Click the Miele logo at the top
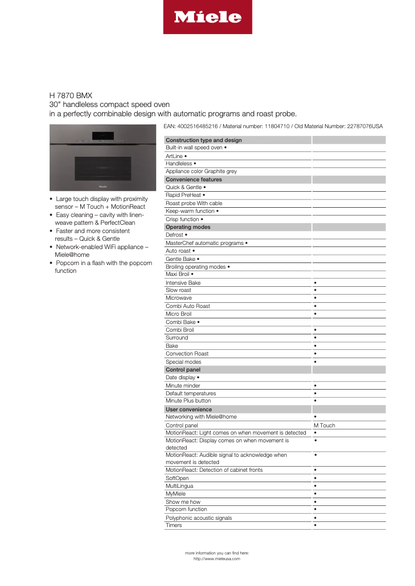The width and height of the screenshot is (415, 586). pyautogui.click(x=207, y=17)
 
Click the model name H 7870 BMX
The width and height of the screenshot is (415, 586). pyautogui.click(x=71, y=96)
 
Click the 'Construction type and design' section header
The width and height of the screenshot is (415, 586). pyautogui.click(x=204, y=140)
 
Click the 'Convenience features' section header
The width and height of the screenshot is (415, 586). pyautogui.click(x=194, y=179)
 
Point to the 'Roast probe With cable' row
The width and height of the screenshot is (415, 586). pyautogui.click(x=194, y=203)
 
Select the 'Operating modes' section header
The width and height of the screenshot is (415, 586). pyautogui.click(x=188, y=227)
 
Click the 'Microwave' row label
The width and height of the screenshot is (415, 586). pyautogui.click(x=179, y=298)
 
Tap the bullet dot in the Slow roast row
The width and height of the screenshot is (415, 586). pyautogui.click(x=315, y=290)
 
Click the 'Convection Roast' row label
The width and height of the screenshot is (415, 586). pyautogui.click(x=187, y=354)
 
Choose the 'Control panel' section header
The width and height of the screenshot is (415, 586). pyautogui.click(x=183, y=369)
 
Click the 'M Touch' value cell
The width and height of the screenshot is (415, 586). pyautogui.click(x=324, y=425)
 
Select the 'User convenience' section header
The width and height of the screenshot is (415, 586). pyautogui.click(x=188, y=409)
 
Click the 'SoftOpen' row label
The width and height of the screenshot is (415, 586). pyautogui.click(x=177, y=478)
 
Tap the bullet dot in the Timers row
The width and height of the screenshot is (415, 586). pyautogui.click(x=315, y=526)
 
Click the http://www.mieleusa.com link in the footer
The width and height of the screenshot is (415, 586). pyautogui.click(x=217, y=559)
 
